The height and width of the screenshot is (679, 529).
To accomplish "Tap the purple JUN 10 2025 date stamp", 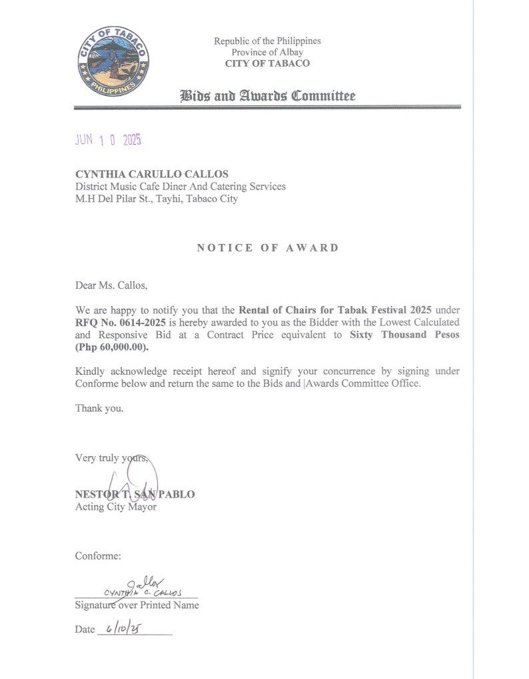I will [108, 140].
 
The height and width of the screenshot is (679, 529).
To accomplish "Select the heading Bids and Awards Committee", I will [268, 96].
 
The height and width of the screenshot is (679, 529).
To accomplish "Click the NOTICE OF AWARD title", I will [268, 248].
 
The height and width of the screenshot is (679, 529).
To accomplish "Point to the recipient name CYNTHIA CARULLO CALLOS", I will [152, 175].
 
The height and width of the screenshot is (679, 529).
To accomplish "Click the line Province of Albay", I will [267, 53].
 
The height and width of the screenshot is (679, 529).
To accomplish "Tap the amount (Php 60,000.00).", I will [112, 347].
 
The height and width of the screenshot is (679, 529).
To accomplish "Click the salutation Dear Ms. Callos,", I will [111, 286].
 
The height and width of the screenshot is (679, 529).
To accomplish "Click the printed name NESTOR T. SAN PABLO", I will [135, 495].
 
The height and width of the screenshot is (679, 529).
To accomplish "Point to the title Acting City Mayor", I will [116, 507].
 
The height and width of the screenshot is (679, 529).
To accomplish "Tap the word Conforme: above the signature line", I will [98, 556].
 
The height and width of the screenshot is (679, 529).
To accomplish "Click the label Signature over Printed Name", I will [137, 606].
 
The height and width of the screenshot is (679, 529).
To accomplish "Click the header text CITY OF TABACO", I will [267, 64].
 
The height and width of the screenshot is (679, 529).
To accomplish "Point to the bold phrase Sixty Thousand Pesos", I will [404, 335].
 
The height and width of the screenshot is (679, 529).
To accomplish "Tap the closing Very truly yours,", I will [111, 458].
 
